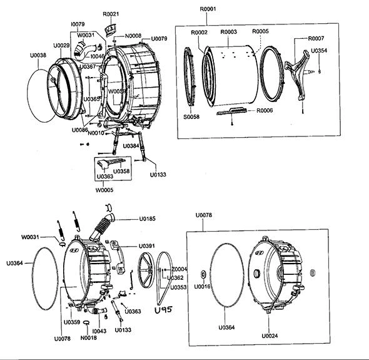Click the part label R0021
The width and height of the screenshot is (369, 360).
click(111, 14)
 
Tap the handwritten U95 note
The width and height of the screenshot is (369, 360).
click(164, 310)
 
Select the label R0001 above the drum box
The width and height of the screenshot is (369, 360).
click(208, 9)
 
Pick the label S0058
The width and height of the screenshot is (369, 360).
click(191, 116)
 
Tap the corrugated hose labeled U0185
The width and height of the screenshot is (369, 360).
click(103, 227)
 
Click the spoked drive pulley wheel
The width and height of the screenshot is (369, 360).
click(146, 270)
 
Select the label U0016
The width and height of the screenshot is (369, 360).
click(202, 287)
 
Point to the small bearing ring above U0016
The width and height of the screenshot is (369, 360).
click(203, 274)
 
